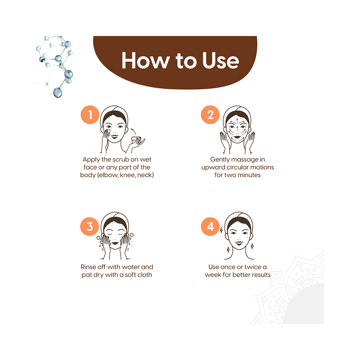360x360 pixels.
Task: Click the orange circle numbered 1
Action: coord(90,115)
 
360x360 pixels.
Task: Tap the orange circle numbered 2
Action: coord(211,115)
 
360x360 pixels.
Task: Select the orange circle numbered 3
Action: coord(90,227)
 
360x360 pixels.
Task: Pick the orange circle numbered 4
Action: coord(211,227)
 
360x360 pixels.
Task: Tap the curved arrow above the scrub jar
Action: coord(135,130)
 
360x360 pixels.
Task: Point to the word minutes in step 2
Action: coord(249,175)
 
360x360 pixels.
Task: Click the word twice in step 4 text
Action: coord(251,267)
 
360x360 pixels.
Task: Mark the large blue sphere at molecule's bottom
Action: coord(58,93)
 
